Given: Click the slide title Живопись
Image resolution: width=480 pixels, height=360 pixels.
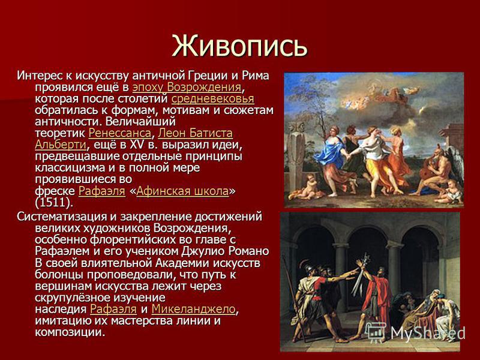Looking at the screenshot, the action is click(239, 46).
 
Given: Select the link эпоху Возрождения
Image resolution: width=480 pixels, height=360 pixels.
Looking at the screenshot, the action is click(187, 87).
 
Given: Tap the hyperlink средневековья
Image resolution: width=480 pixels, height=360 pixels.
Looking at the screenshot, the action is click(212, 99).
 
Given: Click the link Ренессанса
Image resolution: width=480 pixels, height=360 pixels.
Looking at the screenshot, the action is click(119, 133).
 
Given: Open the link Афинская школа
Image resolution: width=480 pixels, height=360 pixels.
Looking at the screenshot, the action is click(182, 191).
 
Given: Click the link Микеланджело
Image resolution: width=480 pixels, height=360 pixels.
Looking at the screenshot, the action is click(193, 309).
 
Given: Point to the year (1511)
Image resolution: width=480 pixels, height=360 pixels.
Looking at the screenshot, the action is click(54, 202).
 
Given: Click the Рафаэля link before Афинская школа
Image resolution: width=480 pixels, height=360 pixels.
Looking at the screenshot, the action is click(102, 191).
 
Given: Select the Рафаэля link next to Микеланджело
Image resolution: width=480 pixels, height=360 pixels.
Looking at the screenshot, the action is click(113, 309).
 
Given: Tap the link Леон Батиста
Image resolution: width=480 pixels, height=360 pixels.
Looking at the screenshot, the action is click(196, 133).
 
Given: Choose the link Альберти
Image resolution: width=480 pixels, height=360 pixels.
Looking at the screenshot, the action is click(61, 145).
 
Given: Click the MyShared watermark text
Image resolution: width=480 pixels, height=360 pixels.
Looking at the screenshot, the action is click(428, 333).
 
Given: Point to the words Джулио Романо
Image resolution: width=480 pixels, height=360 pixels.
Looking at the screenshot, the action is click(225, 251).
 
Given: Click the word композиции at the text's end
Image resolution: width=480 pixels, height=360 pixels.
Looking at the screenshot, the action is click(70, 332).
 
